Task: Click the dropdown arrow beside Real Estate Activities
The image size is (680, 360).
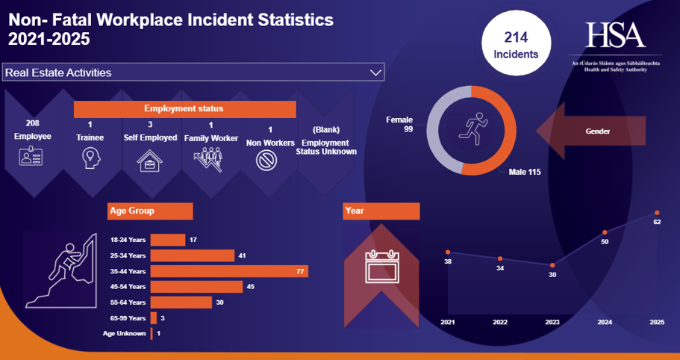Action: [375, 72]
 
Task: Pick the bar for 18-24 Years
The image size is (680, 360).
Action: [167, 240]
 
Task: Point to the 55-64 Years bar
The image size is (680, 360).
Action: [181, 302]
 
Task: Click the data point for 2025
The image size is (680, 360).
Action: [657, 213]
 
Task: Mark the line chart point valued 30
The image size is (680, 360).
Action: [552, 265]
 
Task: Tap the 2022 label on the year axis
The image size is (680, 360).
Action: [500, 322]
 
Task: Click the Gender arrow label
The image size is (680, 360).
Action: [597, 131]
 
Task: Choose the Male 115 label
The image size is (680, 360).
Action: [524, 173]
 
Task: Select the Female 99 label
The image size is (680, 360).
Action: [399, 124]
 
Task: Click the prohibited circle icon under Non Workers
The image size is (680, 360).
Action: [269, 159]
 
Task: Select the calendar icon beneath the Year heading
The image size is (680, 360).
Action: [381, 265]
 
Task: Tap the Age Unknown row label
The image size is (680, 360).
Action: [124, 333]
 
